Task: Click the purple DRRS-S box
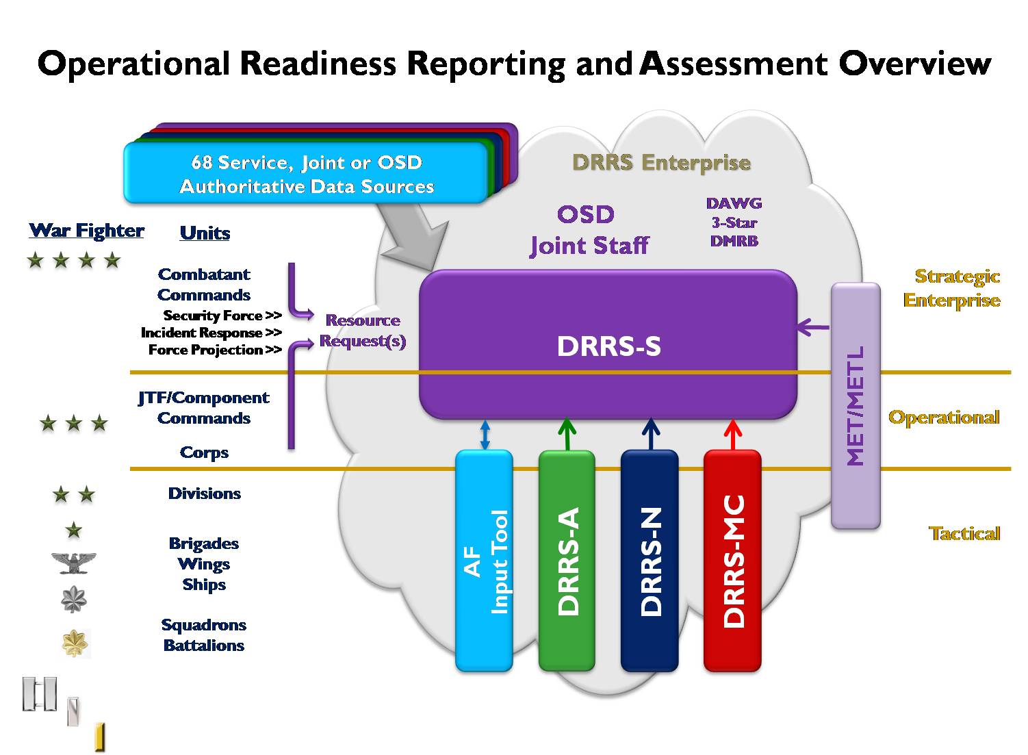(608, 344)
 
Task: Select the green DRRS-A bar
(567, 561)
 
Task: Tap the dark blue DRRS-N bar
(650, 561)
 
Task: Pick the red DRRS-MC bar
(732, 561)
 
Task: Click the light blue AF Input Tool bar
(484, 561)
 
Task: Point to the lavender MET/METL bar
(856, 406)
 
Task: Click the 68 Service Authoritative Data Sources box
(306, 172)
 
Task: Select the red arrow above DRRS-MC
(732, 435)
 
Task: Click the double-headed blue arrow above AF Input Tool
(485, 435)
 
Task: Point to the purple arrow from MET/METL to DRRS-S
(814, 327)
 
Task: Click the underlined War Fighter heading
(86, 231)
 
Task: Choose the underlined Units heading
(205, 233)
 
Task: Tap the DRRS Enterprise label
(661, 162)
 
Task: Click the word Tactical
(964, 533)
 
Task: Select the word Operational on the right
(944, 417)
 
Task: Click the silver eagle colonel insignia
(73, 563)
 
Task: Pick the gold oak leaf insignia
(75, 643)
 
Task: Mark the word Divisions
(204, 494)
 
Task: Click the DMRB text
(734, 241)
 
